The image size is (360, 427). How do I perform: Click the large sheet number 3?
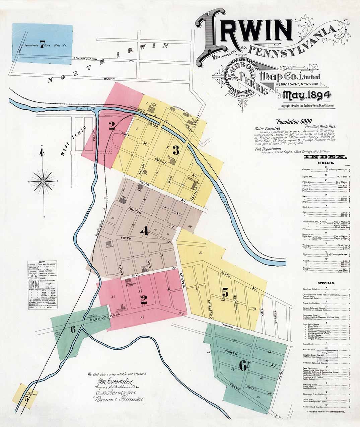(x=175, y=150)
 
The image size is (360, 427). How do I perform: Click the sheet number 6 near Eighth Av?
(x=243, y=363)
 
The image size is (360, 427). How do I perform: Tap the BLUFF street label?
(x=109, y=78)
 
